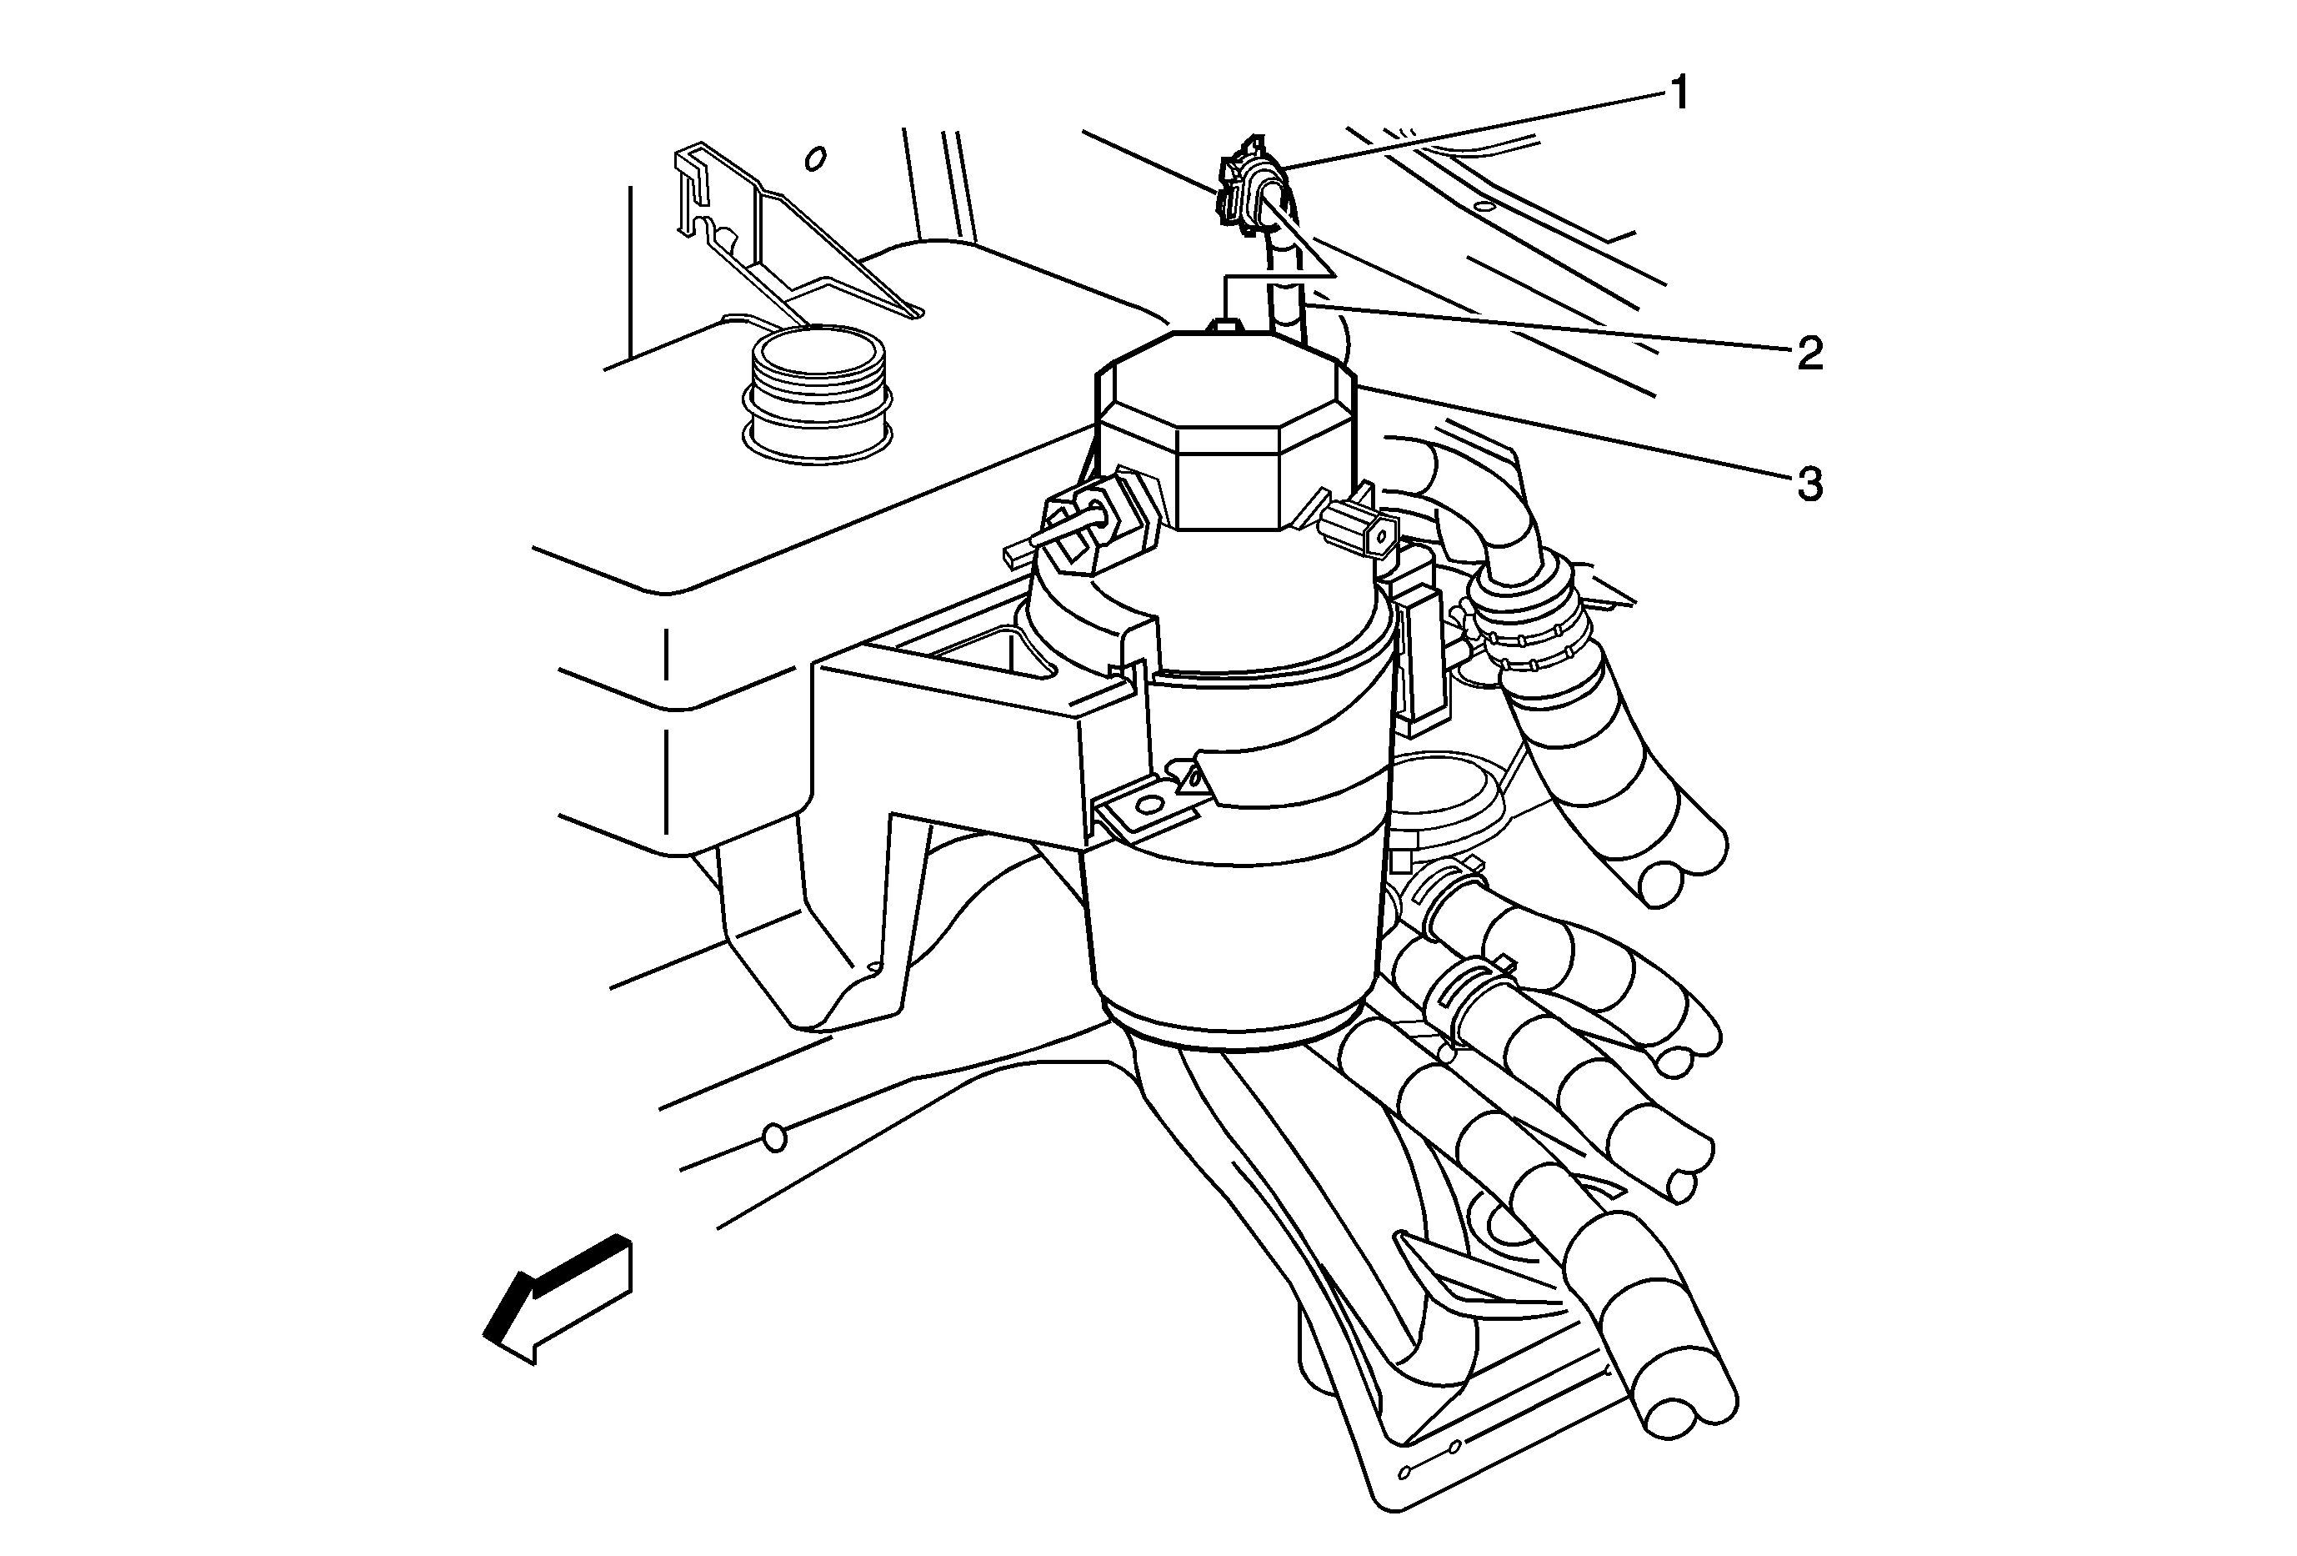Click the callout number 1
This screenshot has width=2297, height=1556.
1679,94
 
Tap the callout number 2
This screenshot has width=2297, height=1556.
1809,352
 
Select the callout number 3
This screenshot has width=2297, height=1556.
1809,485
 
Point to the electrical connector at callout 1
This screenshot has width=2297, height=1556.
1248,188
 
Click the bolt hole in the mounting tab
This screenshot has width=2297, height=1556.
1147,806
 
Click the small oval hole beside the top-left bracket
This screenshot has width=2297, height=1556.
815,158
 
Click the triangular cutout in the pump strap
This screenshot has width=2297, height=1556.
1196,777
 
